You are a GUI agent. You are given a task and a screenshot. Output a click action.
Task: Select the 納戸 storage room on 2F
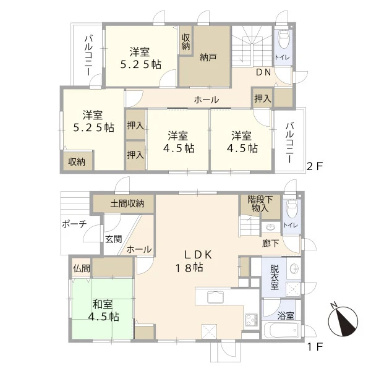[205, 56]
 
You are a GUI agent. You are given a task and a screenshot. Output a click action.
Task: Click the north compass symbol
[343, 321]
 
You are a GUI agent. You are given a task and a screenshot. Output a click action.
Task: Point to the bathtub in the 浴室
[282, 330]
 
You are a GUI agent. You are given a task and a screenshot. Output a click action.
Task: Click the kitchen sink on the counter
[215, 297]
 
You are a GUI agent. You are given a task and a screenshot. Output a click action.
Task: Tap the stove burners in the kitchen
[252, 320]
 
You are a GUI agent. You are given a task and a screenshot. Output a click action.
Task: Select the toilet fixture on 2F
[283, 38]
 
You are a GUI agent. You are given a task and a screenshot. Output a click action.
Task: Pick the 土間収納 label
[127, 203]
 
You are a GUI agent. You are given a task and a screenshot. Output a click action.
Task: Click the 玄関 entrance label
[114, 239]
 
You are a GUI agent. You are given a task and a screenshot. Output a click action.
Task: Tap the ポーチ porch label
[75, 224]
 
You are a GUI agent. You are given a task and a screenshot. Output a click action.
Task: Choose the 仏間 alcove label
[82, 268]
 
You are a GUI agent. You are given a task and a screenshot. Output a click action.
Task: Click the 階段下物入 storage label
[260, 204]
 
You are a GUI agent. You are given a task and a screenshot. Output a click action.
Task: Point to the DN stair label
[263, 72]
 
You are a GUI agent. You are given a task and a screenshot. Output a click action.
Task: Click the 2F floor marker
[315, 166]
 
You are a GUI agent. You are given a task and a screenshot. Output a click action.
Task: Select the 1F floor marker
[315, 347]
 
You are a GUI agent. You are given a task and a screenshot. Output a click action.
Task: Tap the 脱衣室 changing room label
[275, 277]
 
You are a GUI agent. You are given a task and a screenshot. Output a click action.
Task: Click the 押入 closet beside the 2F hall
[263, 98]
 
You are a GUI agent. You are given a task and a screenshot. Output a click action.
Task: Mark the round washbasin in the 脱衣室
[294, 268]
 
